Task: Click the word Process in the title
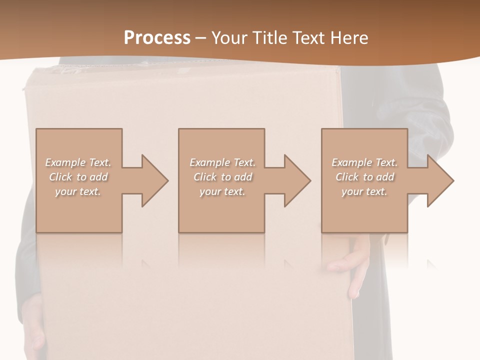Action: pyautogui.click(x=157, y=38)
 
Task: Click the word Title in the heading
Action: pyautogui.click(x=268, y=38)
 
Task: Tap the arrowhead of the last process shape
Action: pyautogui.click(x=439, y=180)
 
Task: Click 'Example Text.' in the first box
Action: pyautogui.click(x=78, y=162)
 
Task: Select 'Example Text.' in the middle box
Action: pyautogui.click(x=222, y=162)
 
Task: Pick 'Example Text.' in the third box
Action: pyautogui.click(x=364, y=162)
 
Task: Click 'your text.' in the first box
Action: pyautogui.click(x=78, y=191)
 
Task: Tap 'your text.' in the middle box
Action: pyautogui.click(x=222, y=191)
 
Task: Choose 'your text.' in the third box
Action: pyautogui.click(x=364, y=191)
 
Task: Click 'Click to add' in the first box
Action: pyautogui.click(x=78, y=177)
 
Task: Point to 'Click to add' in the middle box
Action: pyautogui.click(x=222, y=177)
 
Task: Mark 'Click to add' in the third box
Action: pyautogui.click(x=364, y=177)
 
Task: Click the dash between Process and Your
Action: pyautogui.click(x=200, y=38)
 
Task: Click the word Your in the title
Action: pyautogui.click(x=229, y=38)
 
